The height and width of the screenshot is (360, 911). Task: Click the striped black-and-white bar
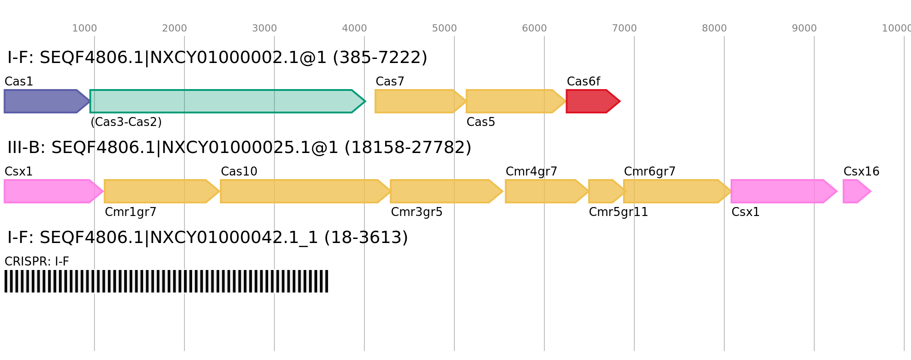click(166, 281)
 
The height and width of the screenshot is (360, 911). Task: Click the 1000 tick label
click(85, 28)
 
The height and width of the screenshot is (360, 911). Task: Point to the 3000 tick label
click(265, 28)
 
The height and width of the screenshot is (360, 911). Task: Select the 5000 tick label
click(444, 28)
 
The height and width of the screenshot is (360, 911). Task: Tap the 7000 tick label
click(624, 28)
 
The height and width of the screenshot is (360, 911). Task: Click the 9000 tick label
click(804, 28)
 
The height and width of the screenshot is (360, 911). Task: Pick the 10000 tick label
click(896, 28)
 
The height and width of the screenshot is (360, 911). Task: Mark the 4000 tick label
click(355, 28)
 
